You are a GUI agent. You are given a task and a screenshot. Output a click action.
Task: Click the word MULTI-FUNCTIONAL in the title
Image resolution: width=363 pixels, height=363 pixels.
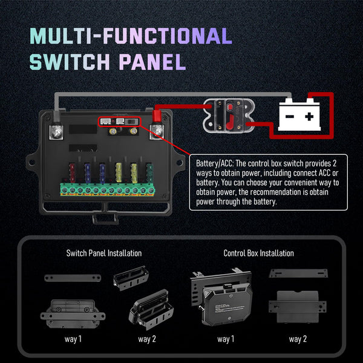(131, 36)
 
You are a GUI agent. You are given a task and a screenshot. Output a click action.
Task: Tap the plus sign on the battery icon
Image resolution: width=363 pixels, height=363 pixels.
(309, 117)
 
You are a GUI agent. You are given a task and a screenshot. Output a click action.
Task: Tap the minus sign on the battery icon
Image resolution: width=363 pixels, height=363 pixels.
(290, 117)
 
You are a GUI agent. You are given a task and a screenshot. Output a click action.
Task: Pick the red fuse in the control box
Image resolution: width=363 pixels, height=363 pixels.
(73, 172)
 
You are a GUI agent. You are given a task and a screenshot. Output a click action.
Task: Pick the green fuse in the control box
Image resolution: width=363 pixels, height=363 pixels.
(149, 172)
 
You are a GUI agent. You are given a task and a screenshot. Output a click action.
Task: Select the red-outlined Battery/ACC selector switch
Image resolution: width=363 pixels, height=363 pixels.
(119, 122)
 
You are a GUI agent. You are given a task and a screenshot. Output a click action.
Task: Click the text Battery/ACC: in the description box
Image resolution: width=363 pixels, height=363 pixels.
(215, 163)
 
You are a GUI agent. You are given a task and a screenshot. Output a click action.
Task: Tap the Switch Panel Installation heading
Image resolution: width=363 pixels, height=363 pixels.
(103, 253)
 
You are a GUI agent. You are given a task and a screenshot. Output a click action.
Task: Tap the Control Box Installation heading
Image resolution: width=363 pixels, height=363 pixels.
(258, 253)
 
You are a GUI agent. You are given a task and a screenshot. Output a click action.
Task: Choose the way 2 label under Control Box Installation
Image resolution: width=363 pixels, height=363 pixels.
(298, 339)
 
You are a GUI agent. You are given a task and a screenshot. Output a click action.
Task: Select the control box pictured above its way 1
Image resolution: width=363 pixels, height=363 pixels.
(222, 299)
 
